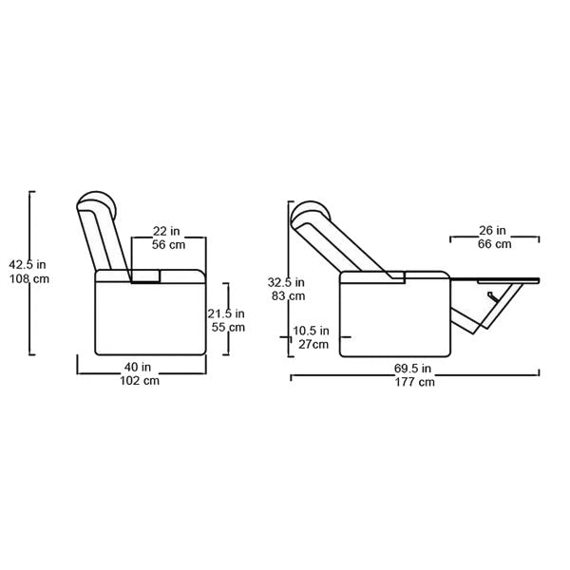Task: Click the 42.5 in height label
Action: (28, 265)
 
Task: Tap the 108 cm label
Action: (29, 279)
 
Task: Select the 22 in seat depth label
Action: (166, 231)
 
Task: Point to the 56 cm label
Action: (168, 245)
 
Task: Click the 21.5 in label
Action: (226, 313)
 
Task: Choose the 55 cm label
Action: (228, 327)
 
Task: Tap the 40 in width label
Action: (138, 367)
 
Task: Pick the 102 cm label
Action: (140, 381)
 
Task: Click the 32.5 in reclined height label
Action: (286, 282)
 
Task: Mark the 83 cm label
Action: (288, 296)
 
